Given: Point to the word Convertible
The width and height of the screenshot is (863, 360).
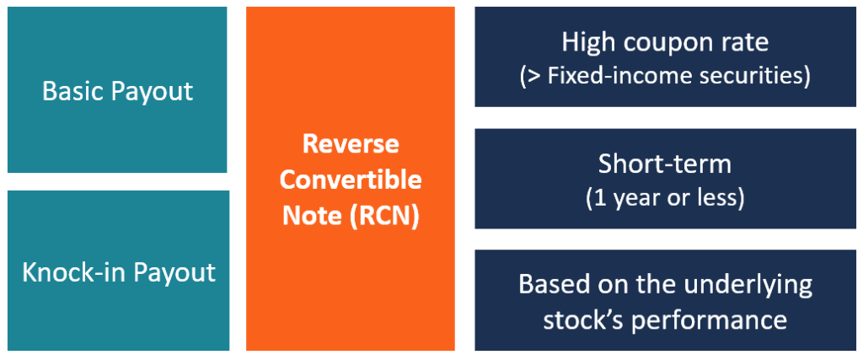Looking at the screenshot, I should click(351, 180).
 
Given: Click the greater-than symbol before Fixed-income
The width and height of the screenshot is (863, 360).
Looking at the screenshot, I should click(534, 76).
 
